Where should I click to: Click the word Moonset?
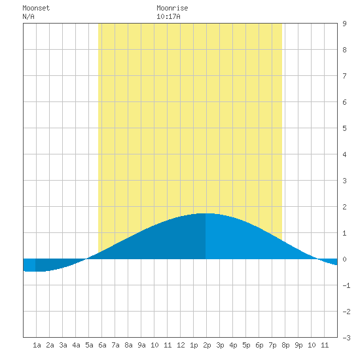[36, 8]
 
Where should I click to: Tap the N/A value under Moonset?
[28, 16]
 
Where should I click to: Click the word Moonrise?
[172, 8]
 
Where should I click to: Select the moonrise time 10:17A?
[168, 16]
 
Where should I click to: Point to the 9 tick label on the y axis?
[344, 24]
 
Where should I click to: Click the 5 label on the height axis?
[344, 128]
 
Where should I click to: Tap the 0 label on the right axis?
[344, 259]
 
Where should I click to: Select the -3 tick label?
[346, 338]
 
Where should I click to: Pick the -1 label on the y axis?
[346, 285]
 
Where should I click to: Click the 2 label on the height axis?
[344, 207]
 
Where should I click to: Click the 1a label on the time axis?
[37, 345]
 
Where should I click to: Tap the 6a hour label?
[102, 345]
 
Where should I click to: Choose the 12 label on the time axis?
[181, 345]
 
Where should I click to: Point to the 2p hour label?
[207, 345]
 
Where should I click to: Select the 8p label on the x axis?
[285, 345]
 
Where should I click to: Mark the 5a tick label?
[89, 345]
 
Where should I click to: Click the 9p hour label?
[298, 345]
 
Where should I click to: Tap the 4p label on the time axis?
[233, 345]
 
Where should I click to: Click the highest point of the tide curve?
[206, 213]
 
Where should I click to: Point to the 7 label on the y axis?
[344, 76]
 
